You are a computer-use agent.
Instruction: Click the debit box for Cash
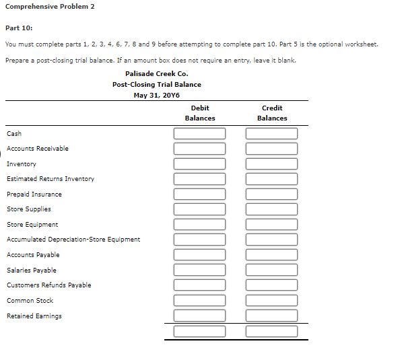[199, 133]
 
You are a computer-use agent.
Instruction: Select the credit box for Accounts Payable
[271, 254]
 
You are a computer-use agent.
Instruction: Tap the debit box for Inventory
[199, 164]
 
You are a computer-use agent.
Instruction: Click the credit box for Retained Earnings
[271, 315]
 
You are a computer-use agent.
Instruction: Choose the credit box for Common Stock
[271, 300]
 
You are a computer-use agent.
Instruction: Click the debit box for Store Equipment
[199, 224]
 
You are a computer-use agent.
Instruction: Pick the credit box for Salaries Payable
[271, 270]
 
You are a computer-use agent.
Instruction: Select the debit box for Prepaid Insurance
[199, 194]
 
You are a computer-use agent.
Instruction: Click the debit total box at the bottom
[199, 331]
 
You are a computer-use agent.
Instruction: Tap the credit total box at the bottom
[271, 331]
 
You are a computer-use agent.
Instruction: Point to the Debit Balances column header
[200, 113]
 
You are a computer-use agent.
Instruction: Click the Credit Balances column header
[272, 113]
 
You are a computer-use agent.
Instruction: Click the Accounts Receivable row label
[38, 149]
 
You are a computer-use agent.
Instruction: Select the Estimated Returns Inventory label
[51, 179]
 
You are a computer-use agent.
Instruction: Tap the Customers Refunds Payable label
[49, 285]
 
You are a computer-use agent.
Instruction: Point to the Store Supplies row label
[29, 209]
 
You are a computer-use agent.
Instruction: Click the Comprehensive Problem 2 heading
[50, 7]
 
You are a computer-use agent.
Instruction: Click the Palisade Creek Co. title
[157, 73]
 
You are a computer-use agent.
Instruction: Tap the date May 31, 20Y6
[157, 95]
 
